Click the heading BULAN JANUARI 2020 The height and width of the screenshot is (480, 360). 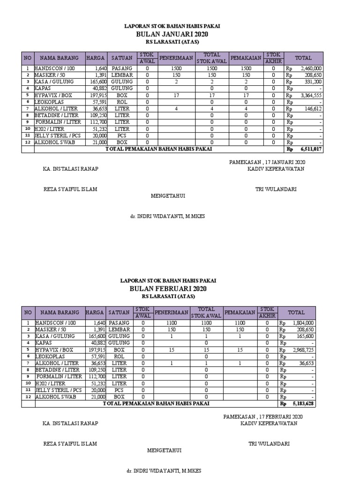coord(172,35)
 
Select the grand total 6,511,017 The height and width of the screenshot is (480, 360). coord(311,149)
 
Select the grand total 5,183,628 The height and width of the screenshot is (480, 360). coord(304,404)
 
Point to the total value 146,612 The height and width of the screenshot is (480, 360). coord(313,108)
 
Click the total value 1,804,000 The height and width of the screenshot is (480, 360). coord(304,322)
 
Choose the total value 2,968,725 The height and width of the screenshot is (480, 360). coord(304,350)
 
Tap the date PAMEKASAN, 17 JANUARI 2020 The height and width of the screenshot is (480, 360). coord(267,162)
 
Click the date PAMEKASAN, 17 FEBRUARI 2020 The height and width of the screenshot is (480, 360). coord(263,416)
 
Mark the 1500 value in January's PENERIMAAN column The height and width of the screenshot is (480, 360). coord(176,68)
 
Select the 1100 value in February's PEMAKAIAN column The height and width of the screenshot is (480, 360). coord(240,322)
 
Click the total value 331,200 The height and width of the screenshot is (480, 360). coord(313,81)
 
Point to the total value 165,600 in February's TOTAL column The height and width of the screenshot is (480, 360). coord(306,336)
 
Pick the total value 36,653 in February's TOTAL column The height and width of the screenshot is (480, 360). coord(307,363)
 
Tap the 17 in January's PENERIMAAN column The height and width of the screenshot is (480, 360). coord(176,95)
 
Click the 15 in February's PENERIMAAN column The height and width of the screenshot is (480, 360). coord(172,350)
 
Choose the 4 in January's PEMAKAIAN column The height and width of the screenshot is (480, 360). coord(246,108)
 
